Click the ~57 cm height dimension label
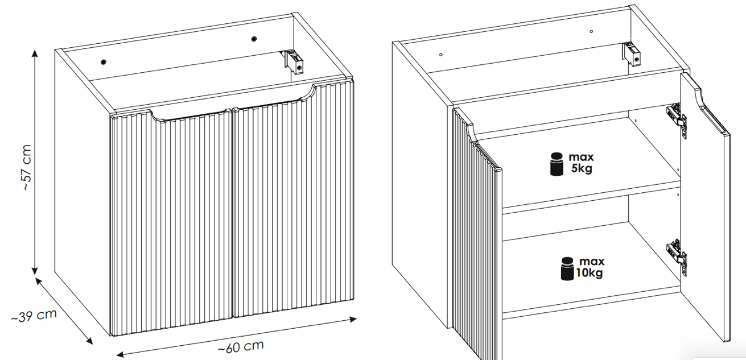26,167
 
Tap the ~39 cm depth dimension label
34,316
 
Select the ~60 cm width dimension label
241,347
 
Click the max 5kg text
581,163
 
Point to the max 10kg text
590,267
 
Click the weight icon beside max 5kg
557,164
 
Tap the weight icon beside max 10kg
567,268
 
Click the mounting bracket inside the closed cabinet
294,61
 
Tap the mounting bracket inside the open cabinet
632,54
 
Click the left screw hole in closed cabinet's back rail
104,62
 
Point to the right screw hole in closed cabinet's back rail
254,39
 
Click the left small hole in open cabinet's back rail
441,55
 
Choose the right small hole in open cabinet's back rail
591,32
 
